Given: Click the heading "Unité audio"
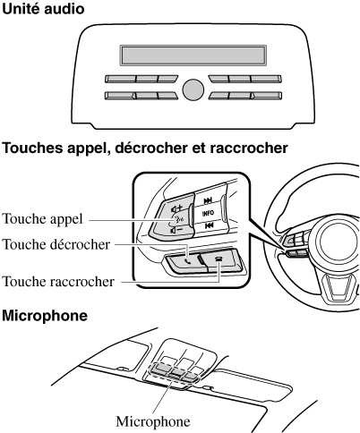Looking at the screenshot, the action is pyautogui.click(x=43, y=9).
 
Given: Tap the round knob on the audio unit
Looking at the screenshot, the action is pyautogui.click(x=193, y=89).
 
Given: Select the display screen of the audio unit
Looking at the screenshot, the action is pyautogui.click(x=193, y=55).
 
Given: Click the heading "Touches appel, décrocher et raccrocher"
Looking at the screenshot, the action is pyautogui.click(x=145, y=149).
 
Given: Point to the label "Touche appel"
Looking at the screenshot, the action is pyautogui.click(x=42, y=219).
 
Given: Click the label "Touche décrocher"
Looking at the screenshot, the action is pyautogui.click(x=56, y=244).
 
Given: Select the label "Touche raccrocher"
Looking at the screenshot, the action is pyautogui.click(x=58, y=282).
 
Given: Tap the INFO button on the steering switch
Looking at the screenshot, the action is pyautogui.click(x=208, y=213).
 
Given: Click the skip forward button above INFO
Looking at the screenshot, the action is pyautogui.click(x=208, y=200).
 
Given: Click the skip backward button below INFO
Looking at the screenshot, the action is pyautogui.click(x=209, y=226).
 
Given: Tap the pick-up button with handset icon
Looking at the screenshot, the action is pyautogui.click(x=184, y=261).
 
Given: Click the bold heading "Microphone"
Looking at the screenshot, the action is pyautogui.click(x=45, y=316).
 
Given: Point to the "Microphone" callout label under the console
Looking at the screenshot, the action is pyautogui.click(x=153, y=421).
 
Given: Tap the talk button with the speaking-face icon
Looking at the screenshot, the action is pyautogui.click(x=178, y=219).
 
